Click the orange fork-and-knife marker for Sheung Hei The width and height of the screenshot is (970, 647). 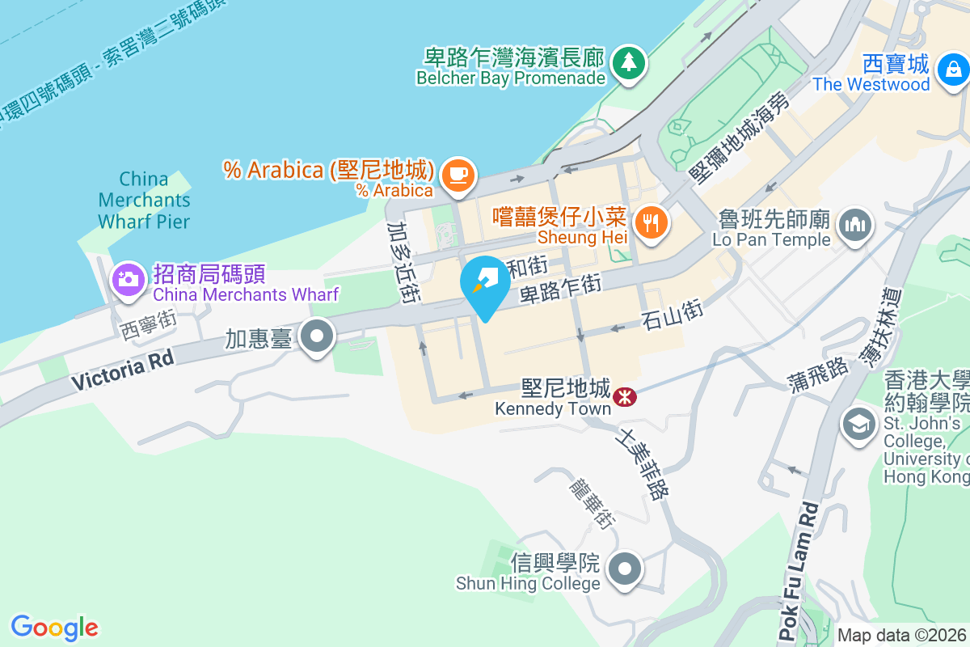651,221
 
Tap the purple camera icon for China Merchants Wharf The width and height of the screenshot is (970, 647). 127,280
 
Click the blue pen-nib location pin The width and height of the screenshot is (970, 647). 485,282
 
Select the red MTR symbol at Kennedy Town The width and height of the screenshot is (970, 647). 623,397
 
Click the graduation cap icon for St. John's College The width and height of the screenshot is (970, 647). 857,423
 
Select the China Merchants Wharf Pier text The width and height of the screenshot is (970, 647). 144,200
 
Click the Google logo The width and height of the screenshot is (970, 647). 54,627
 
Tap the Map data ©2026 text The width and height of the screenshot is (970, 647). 901,635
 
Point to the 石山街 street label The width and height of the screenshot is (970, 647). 672,313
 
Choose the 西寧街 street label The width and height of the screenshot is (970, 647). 148,325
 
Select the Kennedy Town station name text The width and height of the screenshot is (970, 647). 553,408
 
